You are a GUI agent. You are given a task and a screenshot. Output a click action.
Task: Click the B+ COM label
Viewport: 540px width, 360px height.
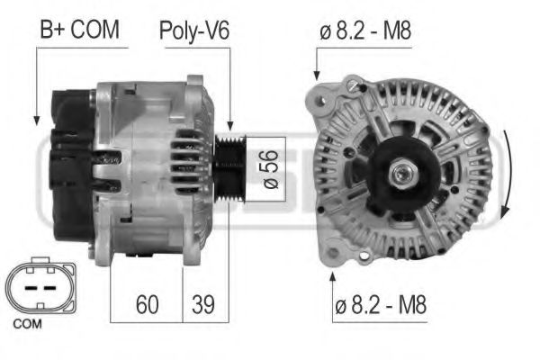click(78, 31)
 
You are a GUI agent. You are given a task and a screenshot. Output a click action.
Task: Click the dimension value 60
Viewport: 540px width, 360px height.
click(147, 304)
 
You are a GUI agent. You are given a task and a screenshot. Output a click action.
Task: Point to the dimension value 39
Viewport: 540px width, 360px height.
click(205, 304)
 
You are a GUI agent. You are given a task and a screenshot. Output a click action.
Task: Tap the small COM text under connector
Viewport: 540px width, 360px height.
click(29, 321)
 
